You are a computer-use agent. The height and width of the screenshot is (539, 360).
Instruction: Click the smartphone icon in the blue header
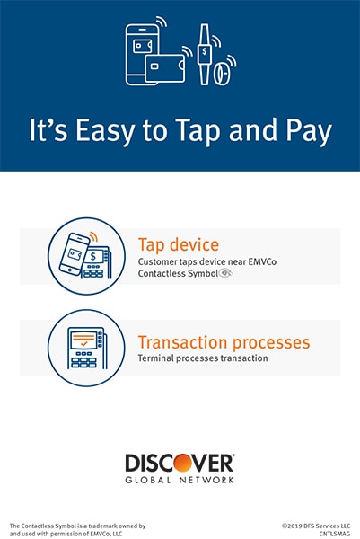pos(142,54)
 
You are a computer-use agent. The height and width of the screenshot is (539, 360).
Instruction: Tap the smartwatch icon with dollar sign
pos(205,54)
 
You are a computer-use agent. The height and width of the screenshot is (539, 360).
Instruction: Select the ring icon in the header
pos(222,74)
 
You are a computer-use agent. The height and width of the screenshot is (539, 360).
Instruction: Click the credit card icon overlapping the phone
pos(165,68)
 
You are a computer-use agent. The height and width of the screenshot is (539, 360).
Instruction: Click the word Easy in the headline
pos(104,131)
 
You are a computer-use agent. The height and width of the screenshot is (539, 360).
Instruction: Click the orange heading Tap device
pos(179,244)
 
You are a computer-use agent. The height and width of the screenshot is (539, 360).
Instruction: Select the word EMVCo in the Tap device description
pos(262,261)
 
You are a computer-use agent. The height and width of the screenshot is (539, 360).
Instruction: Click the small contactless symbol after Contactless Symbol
pos(226,273)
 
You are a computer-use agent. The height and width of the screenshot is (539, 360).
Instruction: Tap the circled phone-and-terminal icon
pos(86,256)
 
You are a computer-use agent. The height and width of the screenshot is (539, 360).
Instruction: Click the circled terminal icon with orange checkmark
pos(86,348)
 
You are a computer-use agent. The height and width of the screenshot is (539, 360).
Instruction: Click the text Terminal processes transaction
pos(203,358)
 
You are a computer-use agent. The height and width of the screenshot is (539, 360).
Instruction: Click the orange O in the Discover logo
pos(182,463)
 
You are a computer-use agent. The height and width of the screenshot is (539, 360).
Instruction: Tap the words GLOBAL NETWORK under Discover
pos(180,480)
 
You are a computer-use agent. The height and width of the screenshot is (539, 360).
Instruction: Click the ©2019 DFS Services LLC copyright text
pos(316,526)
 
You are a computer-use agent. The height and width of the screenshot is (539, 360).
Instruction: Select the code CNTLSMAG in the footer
pos(335,534)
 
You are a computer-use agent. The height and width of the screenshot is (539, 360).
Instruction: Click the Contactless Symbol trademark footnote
pos(77,530)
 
